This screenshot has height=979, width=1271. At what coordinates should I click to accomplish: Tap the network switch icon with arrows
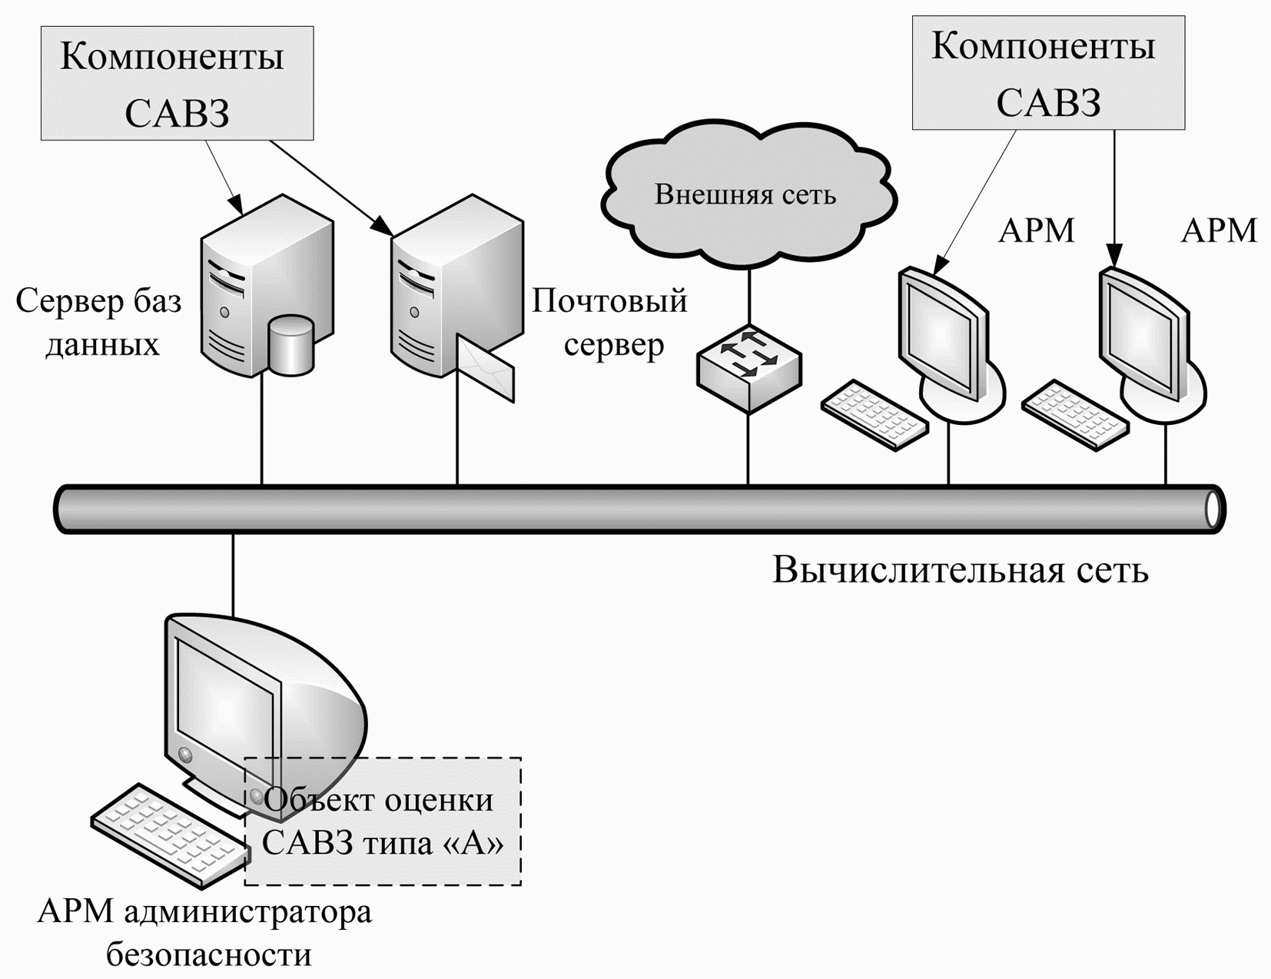point(748,369)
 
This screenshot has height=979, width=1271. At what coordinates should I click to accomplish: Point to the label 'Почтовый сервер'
point(609,323)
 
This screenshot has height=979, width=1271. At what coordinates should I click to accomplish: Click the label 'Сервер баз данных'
point(98,323)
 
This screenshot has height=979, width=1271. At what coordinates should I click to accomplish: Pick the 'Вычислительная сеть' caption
point(961,569)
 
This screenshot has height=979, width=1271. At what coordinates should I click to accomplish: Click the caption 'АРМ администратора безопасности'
point(204,934)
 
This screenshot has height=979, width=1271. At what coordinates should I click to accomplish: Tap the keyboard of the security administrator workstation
point(171,835)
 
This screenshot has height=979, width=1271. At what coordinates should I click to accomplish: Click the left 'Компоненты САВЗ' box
point(178,83)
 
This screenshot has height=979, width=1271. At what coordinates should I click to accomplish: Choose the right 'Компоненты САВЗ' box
point(1049,72)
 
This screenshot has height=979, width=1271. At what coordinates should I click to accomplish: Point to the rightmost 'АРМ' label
point(1219,231)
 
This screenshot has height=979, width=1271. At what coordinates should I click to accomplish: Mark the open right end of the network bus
point(1214,509)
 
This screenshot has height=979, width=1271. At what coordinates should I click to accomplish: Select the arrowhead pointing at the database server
point(237,204)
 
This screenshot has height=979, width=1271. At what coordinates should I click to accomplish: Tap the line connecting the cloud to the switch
point(748,297)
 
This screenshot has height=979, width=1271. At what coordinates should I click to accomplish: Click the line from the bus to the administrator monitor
point(233,574)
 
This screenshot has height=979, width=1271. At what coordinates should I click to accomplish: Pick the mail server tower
point(456,287)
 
